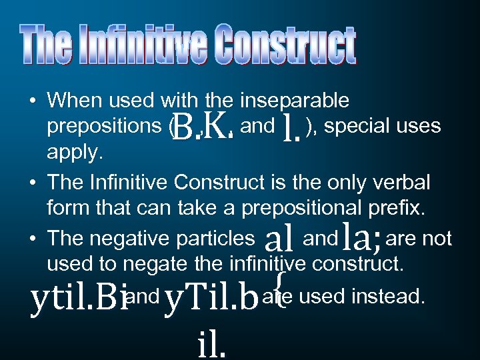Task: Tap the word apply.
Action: point(75,153)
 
